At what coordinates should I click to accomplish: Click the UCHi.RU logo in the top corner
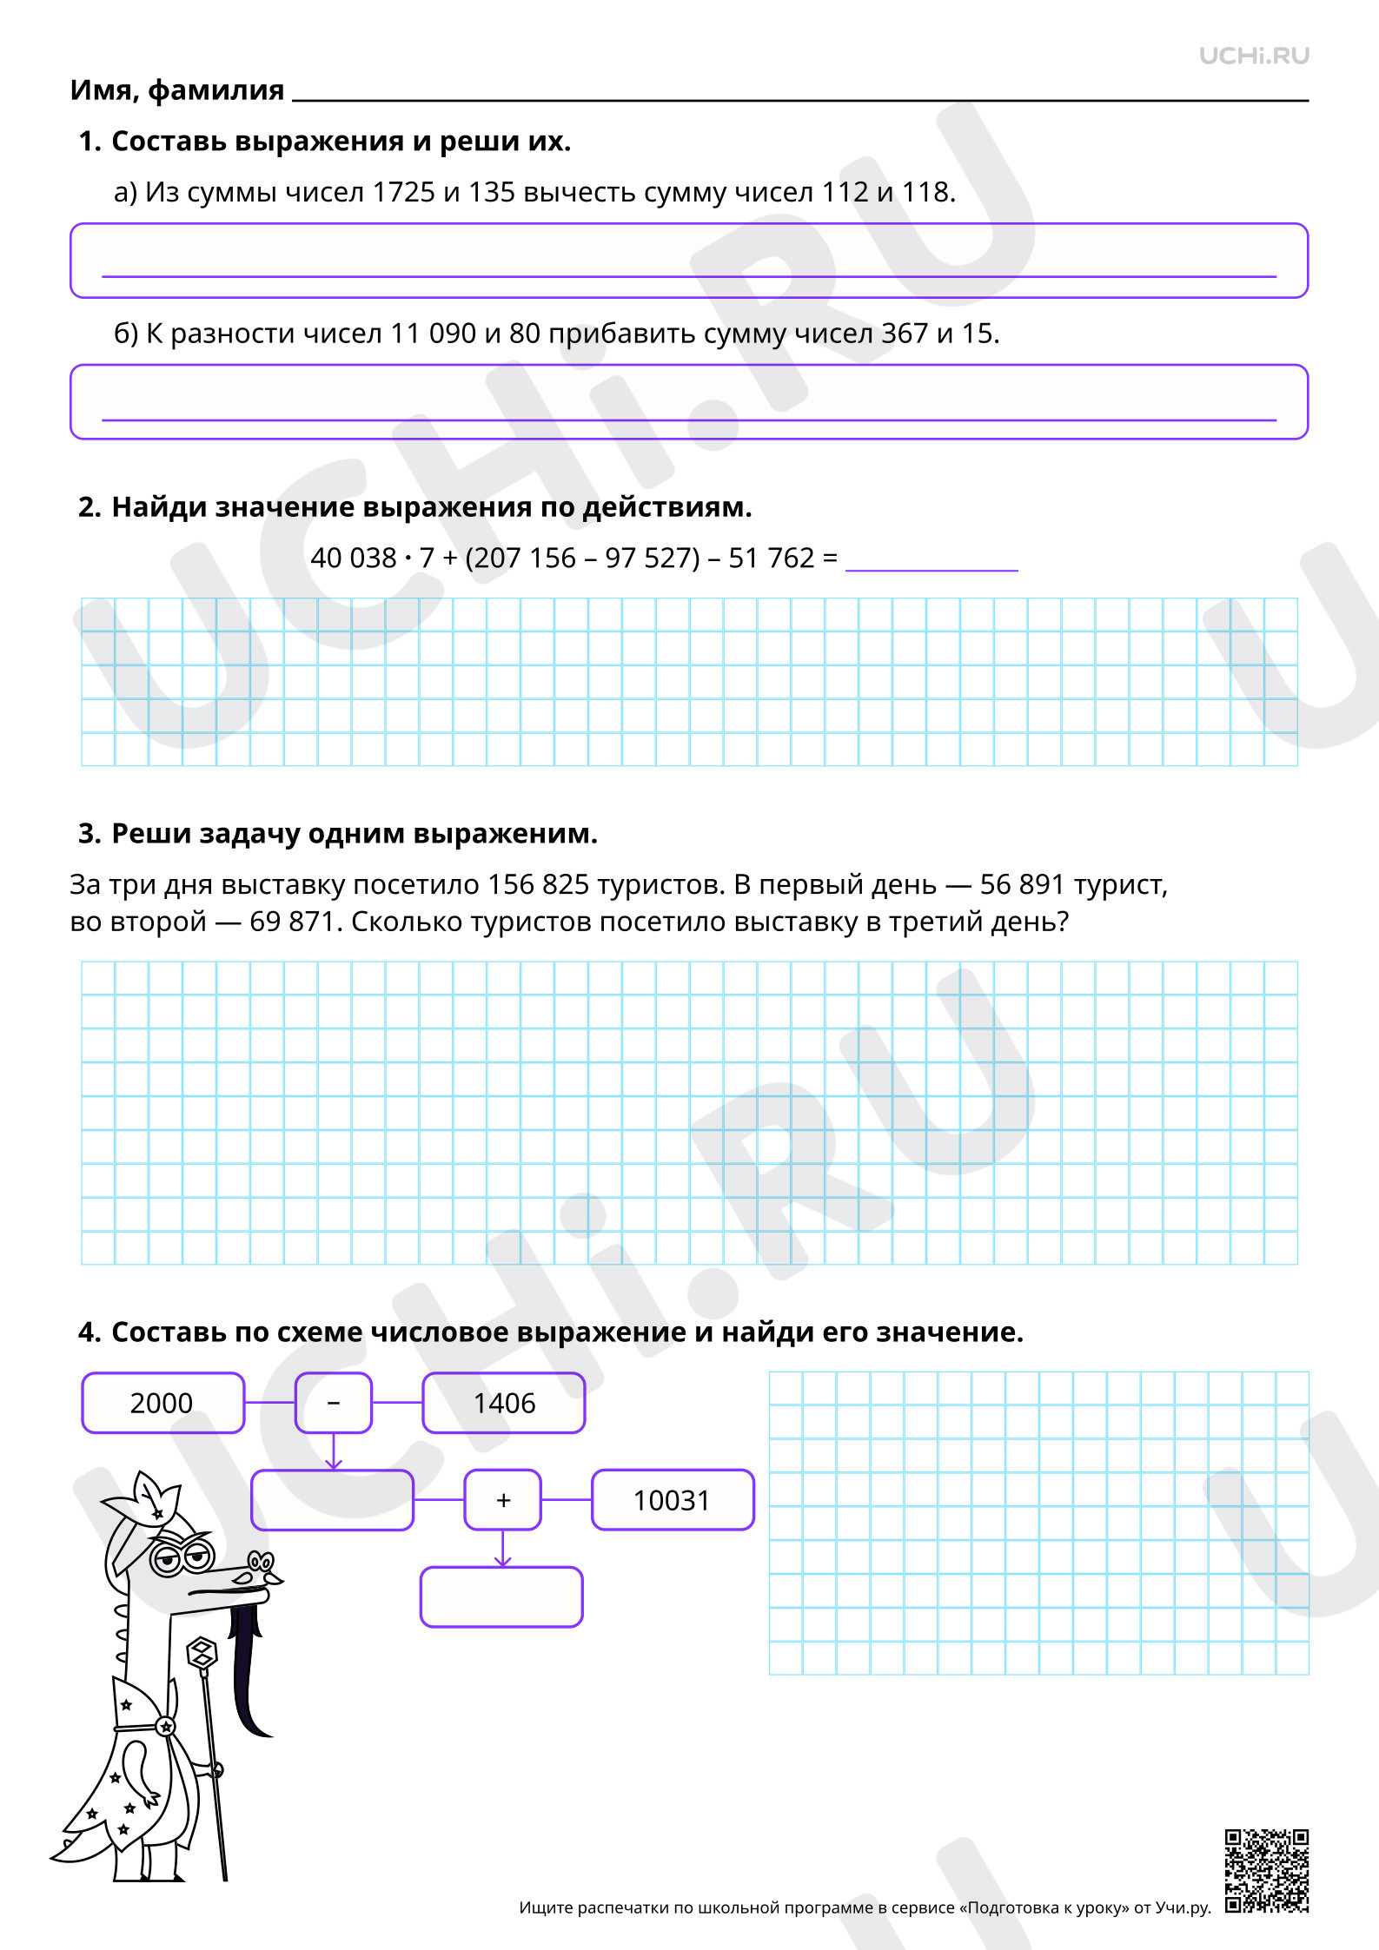1254,56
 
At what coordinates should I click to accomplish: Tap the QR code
1267,1871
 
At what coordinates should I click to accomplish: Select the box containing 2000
163,1403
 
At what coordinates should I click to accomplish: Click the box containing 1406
504,1403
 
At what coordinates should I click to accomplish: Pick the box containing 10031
673,1500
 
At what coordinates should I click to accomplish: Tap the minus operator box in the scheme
334,1403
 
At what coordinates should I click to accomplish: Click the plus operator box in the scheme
503,1500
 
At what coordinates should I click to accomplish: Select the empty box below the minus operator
333,1500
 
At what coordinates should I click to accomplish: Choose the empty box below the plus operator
501,1597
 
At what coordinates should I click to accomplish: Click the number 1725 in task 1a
404,192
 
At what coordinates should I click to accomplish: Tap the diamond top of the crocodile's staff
202,1653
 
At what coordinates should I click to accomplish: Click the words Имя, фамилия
177,90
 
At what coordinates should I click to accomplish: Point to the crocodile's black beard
249,1668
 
